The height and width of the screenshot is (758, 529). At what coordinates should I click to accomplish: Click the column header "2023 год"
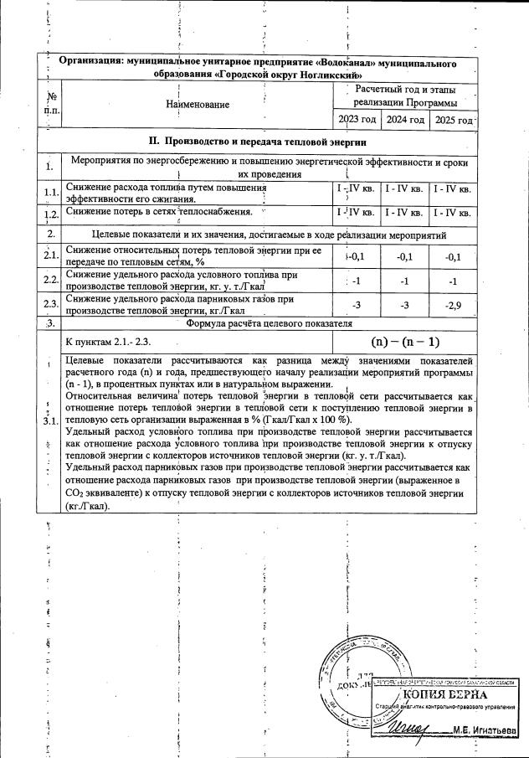pos(357,120)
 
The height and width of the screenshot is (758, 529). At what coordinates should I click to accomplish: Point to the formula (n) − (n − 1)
pos(405,342)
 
